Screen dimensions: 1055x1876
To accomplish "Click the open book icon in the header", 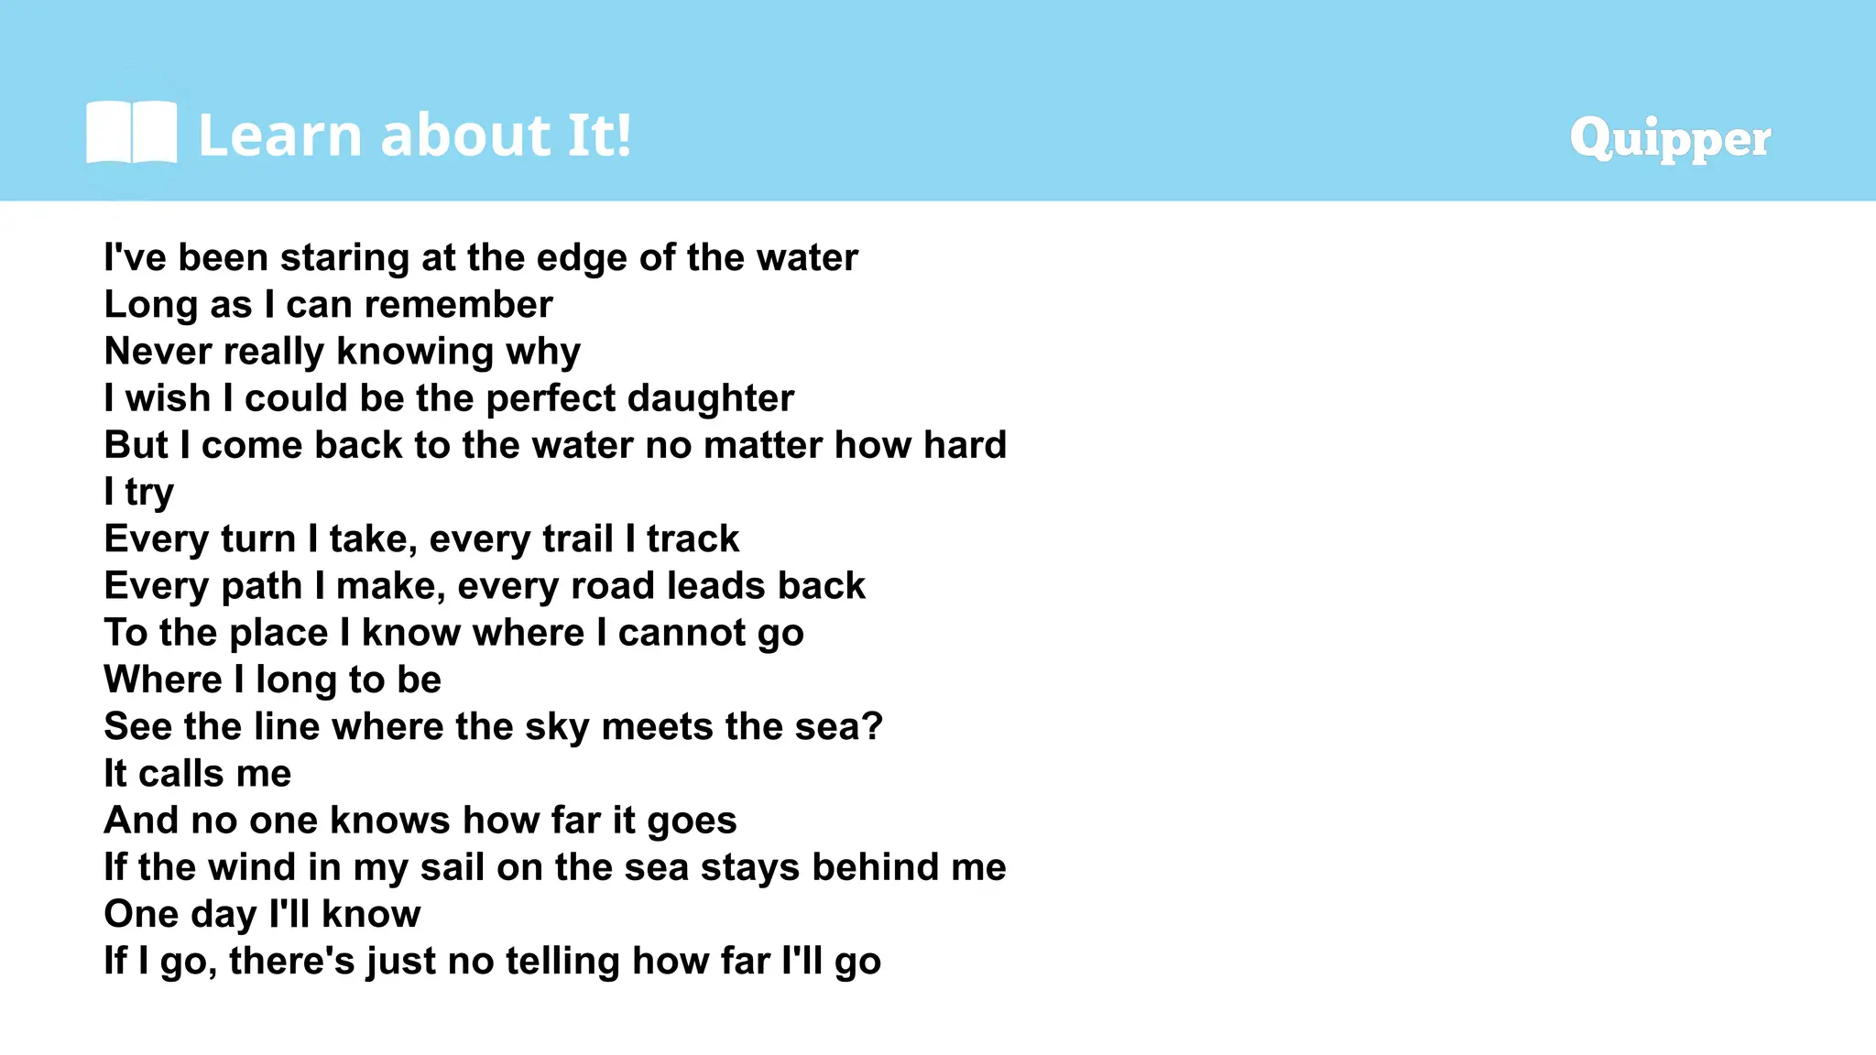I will click(x=131, y=133).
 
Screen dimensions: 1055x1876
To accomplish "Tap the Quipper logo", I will click(x=1669, y=138).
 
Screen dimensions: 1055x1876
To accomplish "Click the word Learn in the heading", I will click(x=280, y=136).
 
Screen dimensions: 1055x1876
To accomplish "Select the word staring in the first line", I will click(x=344, y=258).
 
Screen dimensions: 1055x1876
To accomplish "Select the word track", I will click(x=693, y=538).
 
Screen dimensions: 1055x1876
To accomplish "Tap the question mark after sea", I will click(x=873, y=726).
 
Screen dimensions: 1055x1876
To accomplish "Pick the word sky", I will click(x=557, y=727).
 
